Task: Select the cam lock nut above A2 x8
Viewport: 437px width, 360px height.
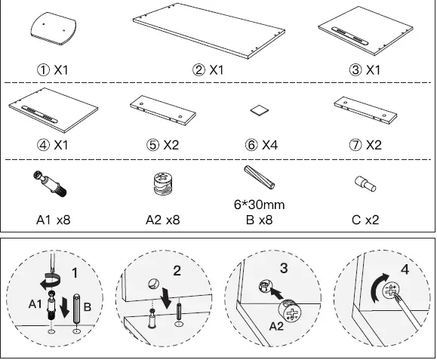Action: point(163,184)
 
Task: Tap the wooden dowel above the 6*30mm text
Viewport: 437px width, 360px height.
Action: point(260,181)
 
